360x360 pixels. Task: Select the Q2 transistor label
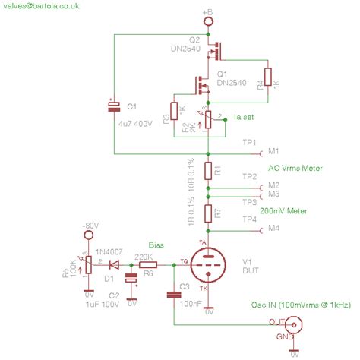pos(194,39)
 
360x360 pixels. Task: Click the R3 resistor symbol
pos(175,111)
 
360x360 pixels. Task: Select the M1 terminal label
pos(273,153)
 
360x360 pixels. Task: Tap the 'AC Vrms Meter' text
pos(295,168)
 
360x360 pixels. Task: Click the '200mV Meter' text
pos(284,212)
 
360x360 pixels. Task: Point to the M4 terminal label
pos(273,228)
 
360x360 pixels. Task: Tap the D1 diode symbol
pos(114,265)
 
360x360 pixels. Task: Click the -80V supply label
pos(90,226)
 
